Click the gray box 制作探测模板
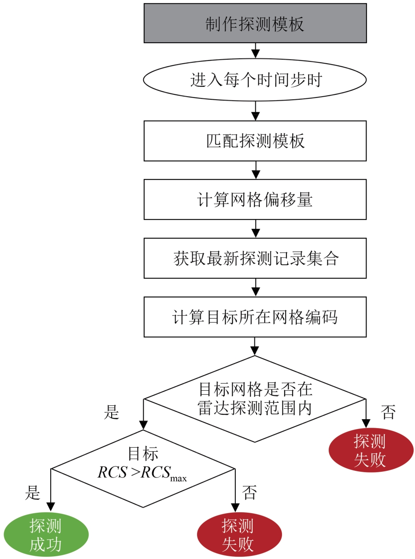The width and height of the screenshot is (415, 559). coord(255,23)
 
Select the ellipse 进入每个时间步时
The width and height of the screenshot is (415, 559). coord(255,80)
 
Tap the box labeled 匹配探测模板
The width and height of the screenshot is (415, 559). coord(255,141)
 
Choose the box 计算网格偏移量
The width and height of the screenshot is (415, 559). coord(255,199)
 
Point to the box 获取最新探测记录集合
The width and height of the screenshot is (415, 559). coord(255,258)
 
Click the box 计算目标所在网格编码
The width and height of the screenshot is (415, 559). coord(255,317)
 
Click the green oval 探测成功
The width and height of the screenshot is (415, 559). coord(46,535)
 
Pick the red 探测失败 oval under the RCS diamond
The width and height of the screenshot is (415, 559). coord(239,535)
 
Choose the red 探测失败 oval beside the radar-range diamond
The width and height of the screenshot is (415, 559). coord(371,450)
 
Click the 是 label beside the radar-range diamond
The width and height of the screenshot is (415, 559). coord(111,412)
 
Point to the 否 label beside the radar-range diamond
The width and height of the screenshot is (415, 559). coord(388,412)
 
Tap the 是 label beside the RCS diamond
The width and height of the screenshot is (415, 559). coord(32,493)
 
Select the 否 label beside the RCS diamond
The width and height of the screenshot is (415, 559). coord(250,493)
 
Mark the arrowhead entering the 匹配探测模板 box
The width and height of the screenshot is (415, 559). coord(256,116)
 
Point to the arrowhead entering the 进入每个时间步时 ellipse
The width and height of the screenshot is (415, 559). coord(256,54)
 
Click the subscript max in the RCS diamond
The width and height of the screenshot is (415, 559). coord(178,478)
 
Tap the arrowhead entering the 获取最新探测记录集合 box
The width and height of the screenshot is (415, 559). coord(256,233)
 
